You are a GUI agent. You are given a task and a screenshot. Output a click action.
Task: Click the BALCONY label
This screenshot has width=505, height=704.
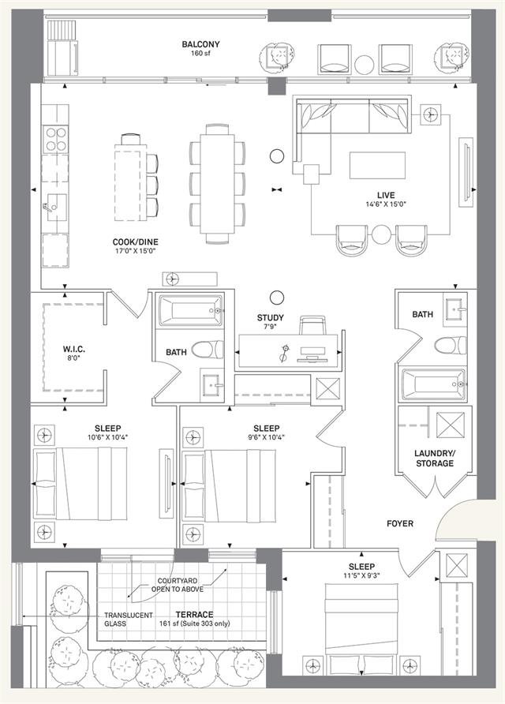tap(200, 44)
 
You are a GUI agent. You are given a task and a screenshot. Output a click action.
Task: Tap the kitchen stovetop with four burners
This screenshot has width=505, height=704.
tap(56, 139)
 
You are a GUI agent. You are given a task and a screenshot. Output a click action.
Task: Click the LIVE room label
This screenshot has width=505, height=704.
tap(386, 195)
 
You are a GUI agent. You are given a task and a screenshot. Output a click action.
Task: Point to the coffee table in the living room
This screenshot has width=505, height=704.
tap(377, 165)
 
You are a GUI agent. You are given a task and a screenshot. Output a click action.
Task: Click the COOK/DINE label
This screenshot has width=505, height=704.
tap(135, 242)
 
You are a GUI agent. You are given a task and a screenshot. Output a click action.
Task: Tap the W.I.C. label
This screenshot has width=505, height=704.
tap(73, 350)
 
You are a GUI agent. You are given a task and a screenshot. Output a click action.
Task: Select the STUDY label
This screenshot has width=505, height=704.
tap(270, 318)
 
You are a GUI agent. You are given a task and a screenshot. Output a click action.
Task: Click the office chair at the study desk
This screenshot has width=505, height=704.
tap(312, 325)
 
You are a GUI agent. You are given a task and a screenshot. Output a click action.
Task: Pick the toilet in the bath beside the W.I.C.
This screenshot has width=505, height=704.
tap(208, 350)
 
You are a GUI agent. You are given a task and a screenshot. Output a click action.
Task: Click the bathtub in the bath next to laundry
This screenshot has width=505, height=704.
tap(434, 384)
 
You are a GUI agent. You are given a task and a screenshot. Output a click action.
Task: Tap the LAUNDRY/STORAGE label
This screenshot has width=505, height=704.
tap(435, 459)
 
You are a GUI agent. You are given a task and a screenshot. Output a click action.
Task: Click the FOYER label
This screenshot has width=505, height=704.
tap(400, 523)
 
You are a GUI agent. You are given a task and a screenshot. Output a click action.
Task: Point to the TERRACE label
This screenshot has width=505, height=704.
tap(194, 615)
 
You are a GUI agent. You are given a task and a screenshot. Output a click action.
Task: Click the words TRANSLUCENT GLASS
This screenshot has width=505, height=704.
tap(129, 620)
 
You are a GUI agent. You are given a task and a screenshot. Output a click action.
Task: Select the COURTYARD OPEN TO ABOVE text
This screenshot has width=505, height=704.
tap(178, 585)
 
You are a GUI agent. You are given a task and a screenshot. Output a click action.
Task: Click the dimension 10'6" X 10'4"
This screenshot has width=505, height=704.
tap(108, 437)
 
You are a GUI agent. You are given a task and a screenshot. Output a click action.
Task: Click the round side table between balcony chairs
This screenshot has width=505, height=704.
tap(364, 65)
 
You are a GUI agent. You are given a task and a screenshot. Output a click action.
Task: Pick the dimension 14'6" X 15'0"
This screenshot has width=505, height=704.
tap(386, 204)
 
